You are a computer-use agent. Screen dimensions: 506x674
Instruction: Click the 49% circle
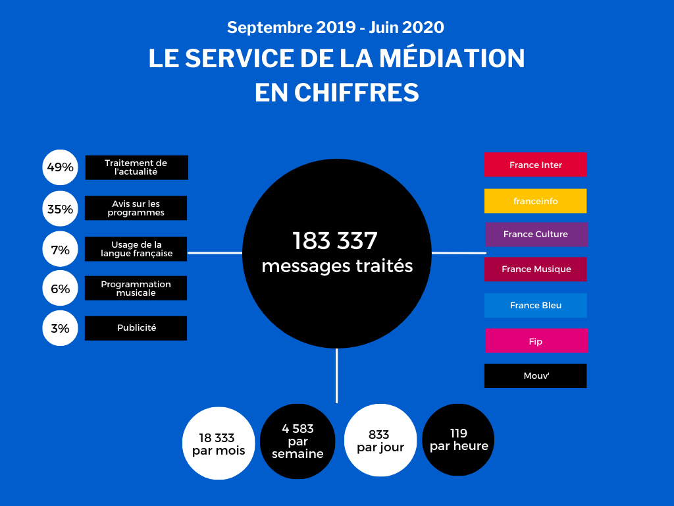pos(60,167)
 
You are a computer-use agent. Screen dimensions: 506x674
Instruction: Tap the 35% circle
pos(60,210)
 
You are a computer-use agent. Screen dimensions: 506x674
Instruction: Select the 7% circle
pos(60,250)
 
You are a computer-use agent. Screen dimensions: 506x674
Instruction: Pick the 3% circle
pos(60,328)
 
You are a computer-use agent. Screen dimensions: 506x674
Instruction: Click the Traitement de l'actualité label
pos(136,167)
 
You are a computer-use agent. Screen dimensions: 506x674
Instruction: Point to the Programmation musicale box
pos(136,288)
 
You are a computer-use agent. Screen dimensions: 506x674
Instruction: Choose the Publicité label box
pos(136,328)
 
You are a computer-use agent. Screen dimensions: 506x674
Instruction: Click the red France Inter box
pos(535,165)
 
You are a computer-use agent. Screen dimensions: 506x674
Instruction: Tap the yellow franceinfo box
pos(535,201)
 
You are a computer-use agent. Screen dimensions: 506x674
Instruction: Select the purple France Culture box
pos(536,235)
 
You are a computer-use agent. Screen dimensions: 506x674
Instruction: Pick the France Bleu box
pos(536,306)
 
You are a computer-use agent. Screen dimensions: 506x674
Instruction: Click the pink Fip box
pos(536,341)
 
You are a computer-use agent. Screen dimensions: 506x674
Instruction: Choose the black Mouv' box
pos(535,376)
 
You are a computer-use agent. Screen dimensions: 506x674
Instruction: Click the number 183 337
pos(336,240)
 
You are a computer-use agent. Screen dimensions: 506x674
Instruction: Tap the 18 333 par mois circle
pos(219,443)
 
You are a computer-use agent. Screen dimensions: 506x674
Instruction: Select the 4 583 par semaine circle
pos(297,440)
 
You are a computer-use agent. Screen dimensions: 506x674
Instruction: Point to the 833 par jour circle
pos(380,440)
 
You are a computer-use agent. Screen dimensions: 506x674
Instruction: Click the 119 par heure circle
pos(458,439)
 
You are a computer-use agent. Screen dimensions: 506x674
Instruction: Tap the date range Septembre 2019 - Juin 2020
pos(336,28)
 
